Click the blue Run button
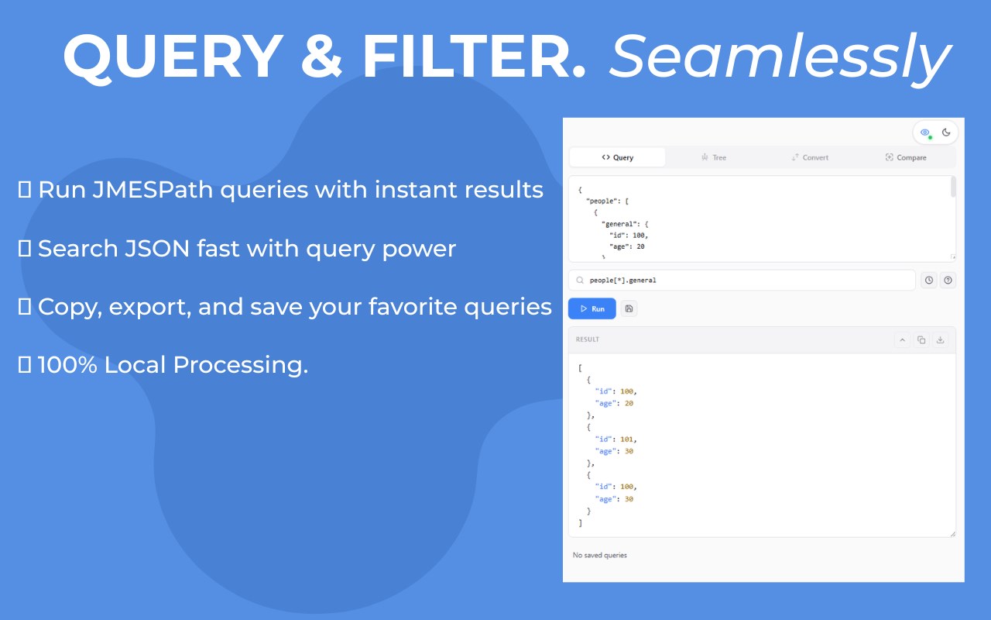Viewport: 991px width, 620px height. [592, 308]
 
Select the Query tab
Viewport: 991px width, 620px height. [617, 157]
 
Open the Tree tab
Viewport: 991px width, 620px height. [714, 157]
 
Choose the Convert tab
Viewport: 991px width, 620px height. [810, 157]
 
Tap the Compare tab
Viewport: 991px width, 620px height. [906, 157]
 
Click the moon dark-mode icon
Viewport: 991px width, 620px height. [946, 132]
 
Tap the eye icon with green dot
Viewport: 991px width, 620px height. [925, 133]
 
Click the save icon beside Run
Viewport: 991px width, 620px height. [629, 308]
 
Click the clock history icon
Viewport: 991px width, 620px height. [929, 280]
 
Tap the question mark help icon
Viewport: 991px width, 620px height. [948, 280]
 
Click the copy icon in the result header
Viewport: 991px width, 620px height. [921, 339]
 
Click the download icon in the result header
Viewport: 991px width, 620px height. [941, 339]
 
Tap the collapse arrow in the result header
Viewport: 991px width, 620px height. [903, 339]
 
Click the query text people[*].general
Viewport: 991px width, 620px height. [622, 280]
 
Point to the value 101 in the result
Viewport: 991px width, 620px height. [627, 439]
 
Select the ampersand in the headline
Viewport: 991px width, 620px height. [321, 57]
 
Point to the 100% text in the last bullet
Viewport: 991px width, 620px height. [67, 364]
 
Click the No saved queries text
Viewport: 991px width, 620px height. [599, 555]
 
